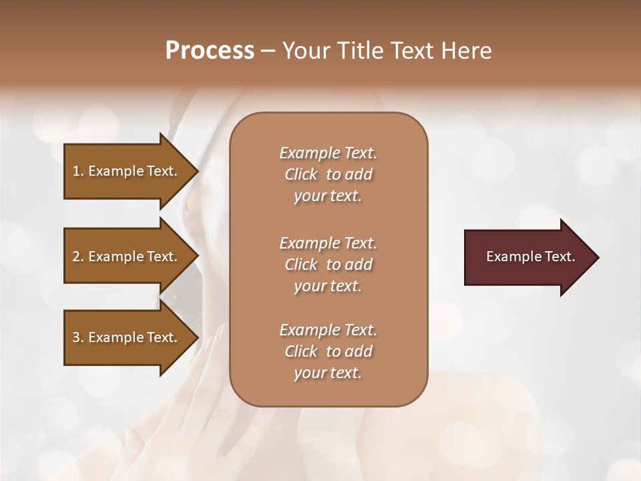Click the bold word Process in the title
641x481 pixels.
[x=210, y=51]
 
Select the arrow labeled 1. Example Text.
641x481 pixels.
[x=125, y=171]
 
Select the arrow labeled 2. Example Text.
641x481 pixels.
[x=125, y=257]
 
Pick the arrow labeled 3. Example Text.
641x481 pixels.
[x=125, y=337]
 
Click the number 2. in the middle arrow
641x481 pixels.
[x=78, y=257]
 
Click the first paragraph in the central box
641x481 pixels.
[x=328, y=174]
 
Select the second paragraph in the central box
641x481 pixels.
[x=328, y=265]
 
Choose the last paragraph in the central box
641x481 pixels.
[x=328, y=351]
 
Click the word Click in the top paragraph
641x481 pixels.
[x=301, y=174]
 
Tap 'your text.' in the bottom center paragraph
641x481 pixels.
[x=328, y=373]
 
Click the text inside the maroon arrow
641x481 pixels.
[x=530, y=257]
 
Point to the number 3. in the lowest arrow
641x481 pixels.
[x=78, y=337]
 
